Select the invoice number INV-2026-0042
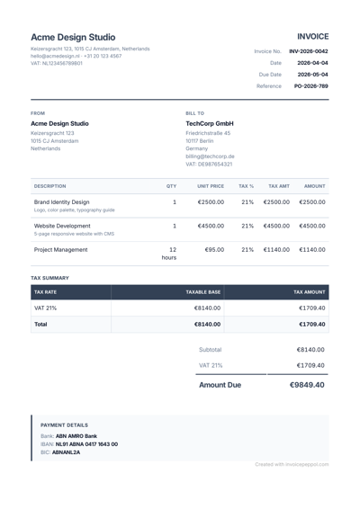tap(308, 51)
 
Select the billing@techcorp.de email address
tap(210, 156)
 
